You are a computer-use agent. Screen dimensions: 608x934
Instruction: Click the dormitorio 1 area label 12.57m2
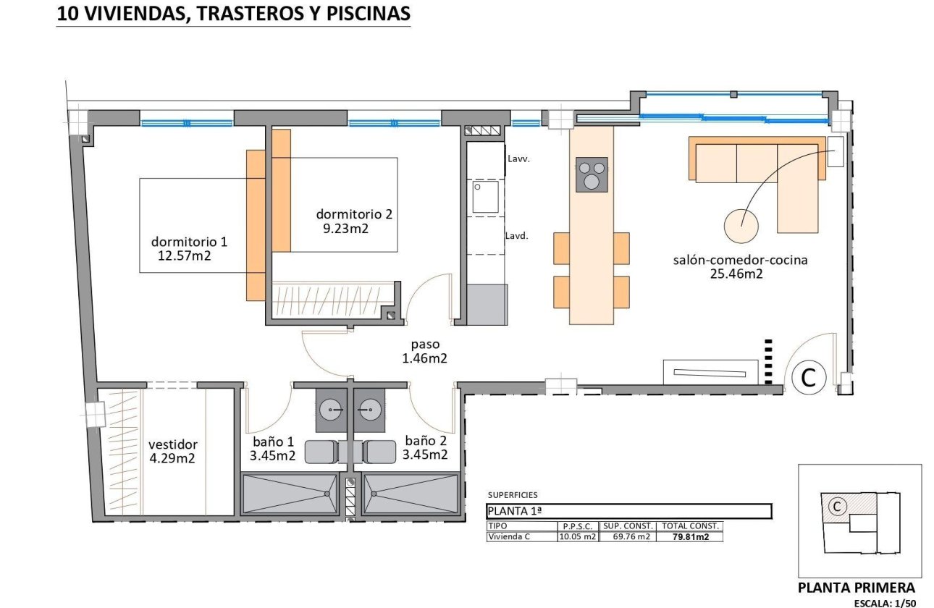184,255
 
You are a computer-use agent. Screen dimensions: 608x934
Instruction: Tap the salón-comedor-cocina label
740,260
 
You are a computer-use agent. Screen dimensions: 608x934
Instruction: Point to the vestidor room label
172,444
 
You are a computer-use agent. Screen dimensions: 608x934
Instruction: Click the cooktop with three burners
592,174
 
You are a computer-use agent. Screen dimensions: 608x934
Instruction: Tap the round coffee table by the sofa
741,226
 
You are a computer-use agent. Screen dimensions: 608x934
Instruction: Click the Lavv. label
519,159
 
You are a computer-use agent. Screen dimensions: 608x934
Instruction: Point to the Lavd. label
517,235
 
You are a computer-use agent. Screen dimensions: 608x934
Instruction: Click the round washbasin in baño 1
334,410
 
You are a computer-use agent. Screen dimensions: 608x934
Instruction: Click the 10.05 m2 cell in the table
577,536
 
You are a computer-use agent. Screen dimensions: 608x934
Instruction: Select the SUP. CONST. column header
628,526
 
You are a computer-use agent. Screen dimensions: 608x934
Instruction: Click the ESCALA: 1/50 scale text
885,602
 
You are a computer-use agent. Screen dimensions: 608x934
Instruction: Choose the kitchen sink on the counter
485,197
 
